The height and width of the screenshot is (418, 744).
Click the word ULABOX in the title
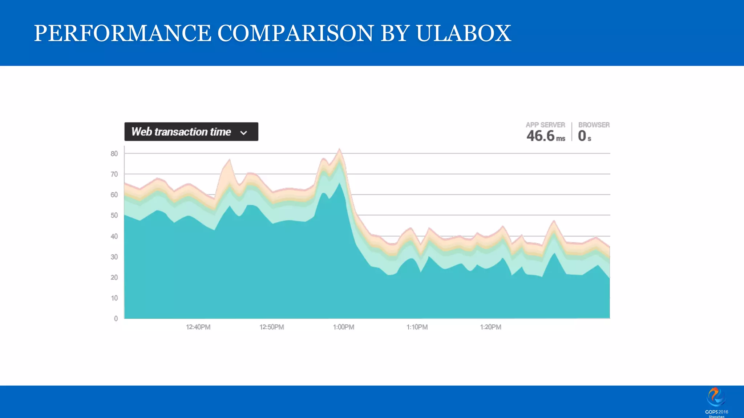point(463,33)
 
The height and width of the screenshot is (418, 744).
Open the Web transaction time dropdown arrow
point(244,133)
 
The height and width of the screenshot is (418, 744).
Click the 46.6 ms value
point(545,136)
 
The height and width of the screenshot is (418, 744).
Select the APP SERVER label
point(545,125)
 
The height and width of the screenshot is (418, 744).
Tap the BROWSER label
point(594,125)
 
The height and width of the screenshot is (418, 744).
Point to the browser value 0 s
point(584,136)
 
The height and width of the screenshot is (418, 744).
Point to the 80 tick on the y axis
point(114,154)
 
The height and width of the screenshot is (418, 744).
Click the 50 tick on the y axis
point(114,216)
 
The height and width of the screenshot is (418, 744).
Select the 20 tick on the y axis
point(114,278)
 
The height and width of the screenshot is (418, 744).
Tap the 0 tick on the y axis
point(116,319)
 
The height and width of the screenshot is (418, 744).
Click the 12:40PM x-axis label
point(198,327)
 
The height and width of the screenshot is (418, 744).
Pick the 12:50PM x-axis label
point(271,327)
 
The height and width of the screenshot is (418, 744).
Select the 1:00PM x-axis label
point(343,327)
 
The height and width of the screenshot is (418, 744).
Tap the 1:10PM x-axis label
point(417,327)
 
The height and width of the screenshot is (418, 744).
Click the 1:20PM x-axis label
point(490,327)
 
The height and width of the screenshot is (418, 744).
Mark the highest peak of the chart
point(340,149)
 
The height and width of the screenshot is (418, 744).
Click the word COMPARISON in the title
point(295,33)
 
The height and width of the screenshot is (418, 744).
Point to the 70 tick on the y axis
point(114,175)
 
